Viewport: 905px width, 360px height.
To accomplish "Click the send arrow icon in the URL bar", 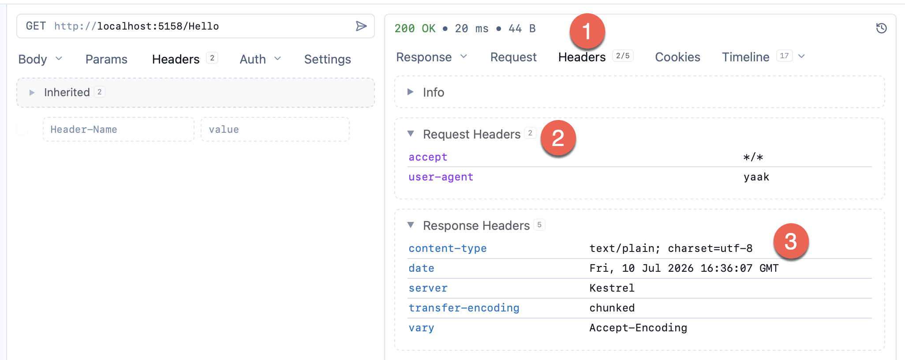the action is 361,26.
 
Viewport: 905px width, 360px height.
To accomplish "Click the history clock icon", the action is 881,28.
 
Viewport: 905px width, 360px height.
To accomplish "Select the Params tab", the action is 106,59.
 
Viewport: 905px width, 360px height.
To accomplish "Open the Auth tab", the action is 253,59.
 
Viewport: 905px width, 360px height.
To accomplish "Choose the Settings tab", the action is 328,59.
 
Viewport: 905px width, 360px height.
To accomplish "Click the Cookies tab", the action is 677,57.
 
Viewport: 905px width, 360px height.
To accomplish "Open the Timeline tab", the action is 745,57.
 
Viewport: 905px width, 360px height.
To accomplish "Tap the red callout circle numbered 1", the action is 587,31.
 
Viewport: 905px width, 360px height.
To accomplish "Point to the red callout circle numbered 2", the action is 558,138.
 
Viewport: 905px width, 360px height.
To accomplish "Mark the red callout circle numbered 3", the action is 791,241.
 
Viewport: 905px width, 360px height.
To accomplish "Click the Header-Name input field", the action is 119,129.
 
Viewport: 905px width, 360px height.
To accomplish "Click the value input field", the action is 275,129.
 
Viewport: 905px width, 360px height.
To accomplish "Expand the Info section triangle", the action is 411,92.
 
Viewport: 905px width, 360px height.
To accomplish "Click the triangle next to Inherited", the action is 32,92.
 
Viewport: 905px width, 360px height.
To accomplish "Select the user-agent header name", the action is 441,177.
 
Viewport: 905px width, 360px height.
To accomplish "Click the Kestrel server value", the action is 612,288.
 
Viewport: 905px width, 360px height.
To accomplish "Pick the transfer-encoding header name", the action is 464,308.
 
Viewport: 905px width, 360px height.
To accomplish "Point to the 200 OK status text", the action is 415,28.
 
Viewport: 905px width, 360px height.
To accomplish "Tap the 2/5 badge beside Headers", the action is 623,56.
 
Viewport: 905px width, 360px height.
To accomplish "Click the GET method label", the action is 36,26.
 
